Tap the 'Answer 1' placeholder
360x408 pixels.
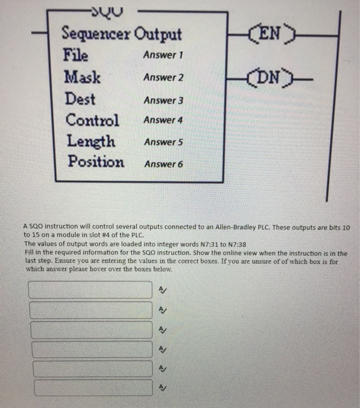pos(163,55)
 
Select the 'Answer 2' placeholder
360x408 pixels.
pos(163,78)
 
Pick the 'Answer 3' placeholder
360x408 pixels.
pos(163,100)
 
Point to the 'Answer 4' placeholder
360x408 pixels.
pos(163,120)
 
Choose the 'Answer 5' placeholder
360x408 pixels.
pos(163,142)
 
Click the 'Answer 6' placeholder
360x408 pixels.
pos(163,164)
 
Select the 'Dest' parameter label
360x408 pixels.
pos(80,99)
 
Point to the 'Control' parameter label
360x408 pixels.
pos(92,120)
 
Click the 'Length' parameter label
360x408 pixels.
pos(90,142)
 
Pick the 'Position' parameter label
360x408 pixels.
pos(95,161)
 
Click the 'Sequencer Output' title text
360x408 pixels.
pos(121,34)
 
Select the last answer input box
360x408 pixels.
pos(91,388)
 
